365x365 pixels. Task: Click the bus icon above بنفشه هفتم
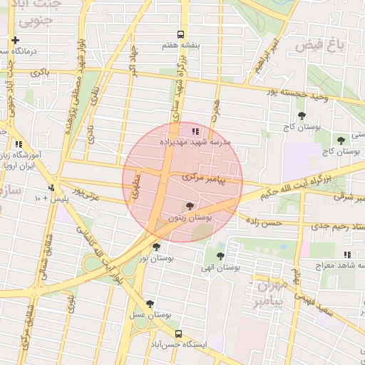pos(180,34)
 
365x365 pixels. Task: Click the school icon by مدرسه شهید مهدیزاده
pos(196,130)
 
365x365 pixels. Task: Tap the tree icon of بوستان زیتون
pos(189,206)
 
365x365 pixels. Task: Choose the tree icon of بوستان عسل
pos(150,304)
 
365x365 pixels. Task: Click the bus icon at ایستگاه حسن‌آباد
pos(178,333)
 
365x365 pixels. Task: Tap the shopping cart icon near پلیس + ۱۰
pos(51,188)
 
